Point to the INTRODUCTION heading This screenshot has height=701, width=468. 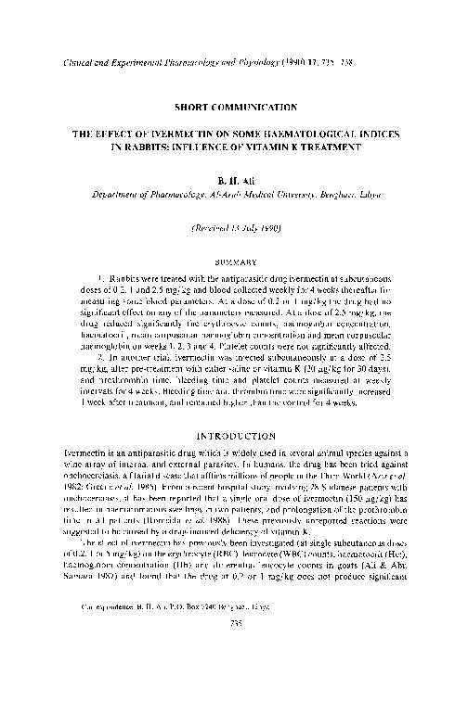[234, 433]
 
